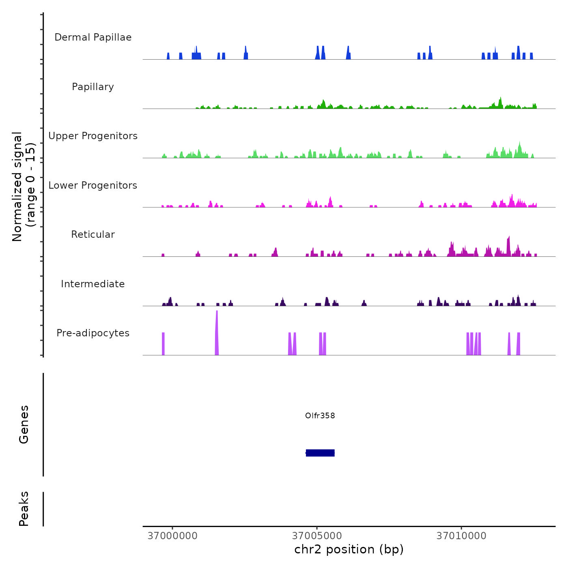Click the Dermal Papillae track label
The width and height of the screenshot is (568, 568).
point(93,37)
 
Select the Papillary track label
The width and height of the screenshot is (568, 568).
point(93,87)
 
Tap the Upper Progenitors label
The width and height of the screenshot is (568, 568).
point(93,136)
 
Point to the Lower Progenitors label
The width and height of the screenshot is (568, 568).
point(93,185)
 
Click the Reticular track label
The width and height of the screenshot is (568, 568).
point(93,235)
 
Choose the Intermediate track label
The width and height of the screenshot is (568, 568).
point(93,284)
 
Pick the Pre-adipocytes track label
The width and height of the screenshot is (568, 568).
point(93,333)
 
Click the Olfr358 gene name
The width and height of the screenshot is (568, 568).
point(320,415)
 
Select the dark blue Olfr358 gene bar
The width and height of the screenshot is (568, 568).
point(320,453)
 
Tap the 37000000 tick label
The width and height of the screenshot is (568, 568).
point(172,536)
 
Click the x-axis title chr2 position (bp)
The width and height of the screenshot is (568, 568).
point(349,549)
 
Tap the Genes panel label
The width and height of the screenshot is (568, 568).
point(24,424)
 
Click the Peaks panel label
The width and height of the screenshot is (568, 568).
point(24,509)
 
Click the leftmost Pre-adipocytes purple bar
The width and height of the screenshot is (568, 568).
point(163,344)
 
